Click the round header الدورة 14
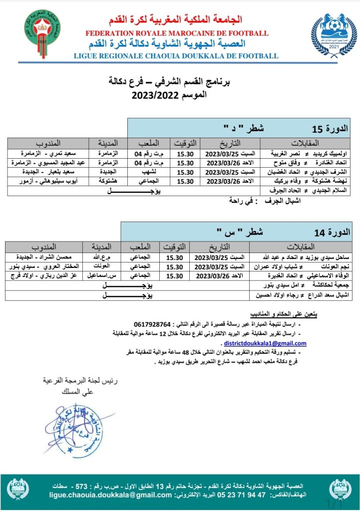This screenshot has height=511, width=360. click(x=327, y=232)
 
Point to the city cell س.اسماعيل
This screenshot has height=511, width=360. click(x=103, y=275)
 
